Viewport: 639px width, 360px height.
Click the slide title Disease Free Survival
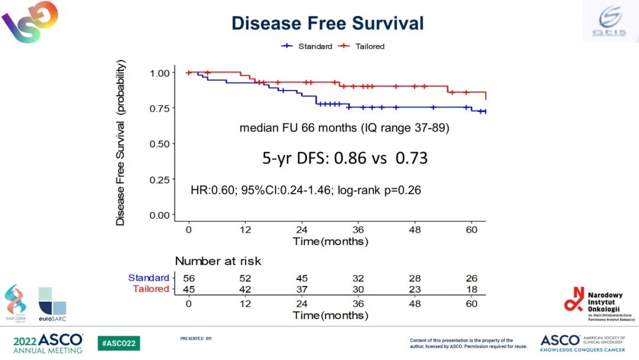point(327,23)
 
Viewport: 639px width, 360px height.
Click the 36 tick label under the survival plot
point(357,230)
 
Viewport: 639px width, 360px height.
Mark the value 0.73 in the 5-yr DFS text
point(411,158)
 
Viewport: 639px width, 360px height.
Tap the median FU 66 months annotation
point(344,128)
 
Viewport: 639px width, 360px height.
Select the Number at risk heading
point(218,261)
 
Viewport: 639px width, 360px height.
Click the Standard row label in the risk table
point(149,278)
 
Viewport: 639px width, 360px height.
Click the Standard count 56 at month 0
point(188,278)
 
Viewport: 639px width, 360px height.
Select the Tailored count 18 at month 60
point(471,289)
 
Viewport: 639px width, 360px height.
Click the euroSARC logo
point(52,303)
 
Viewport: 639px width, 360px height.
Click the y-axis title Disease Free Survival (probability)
point(121,142)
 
